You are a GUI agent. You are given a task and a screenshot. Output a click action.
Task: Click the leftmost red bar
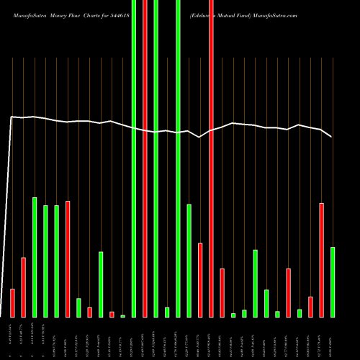tap(12, 302)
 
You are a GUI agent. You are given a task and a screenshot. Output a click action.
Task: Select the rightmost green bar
tap(333, 282)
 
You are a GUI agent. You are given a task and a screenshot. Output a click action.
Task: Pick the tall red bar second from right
tap(321, 260)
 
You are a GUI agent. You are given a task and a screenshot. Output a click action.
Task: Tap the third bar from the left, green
tap(35, 257)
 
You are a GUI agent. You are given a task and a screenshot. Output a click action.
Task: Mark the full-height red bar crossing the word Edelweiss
tap(211, 158)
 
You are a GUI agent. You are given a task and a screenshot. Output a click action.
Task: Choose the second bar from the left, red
tap(23, 287)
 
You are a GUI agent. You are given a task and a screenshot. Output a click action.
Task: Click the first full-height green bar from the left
tap(134, 158)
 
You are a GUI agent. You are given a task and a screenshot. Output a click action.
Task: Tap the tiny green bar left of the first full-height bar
tap(123, 315)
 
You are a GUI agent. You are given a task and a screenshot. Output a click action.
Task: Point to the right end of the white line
tap(331, 136)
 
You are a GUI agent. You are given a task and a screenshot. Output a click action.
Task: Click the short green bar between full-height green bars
tap(167, 312)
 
